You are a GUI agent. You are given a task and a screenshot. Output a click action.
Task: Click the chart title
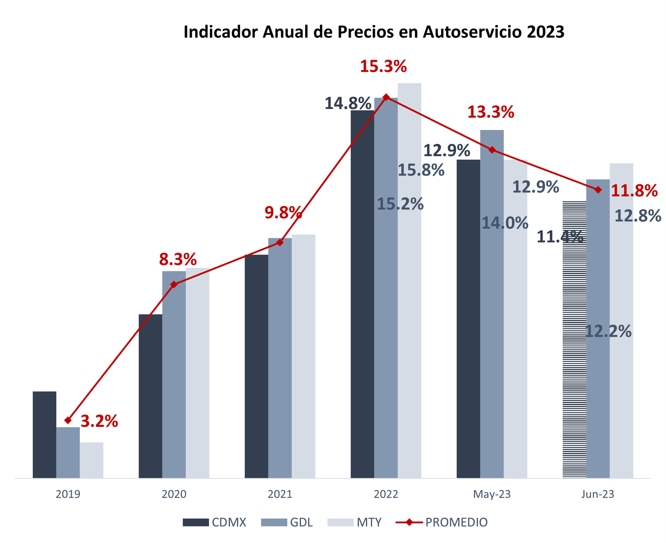pyautogui.click(x=374, y=32)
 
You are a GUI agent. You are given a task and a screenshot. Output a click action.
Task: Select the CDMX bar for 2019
pyautogui.click(x=45, y=435)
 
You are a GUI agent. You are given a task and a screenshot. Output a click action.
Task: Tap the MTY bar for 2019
pyautogui.click(x=92, y=460)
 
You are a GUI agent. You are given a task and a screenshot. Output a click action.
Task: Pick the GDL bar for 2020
pyautogui.click(x=174, y=375)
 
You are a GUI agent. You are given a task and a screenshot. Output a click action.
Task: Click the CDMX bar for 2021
pyautogui.click(x=256, y=366)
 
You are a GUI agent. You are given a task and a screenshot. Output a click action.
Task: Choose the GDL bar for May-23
pyautogui.click(x=492, y=304)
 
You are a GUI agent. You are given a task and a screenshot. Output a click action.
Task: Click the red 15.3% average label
pyautogui.click(x=383, y=67)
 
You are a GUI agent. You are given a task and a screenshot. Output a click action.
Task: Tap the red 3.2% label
pyautogui.click(x=99, y=421)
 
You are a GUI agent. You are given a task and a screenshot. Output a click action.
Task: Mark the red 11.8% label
pyautogui.click(x=634, y=191)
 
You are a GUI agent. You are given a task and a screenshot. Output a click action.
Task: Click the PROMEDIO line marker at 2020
pyautogui.click(x=174, y=284)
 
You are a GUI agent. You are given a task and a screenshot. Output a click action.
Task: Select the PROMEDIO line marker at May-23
pyautogui.click(x=492, y=149)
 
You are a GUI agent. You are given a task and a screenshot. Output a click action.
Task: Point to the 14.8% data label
pyautogui.click(x=348, y=103)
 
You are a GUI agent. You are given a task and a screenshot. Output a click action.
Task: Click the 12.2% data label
pyautogui.click(x=608, y=331)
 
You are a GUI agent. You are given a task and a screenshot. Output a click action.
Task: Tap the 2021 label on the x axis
pyautogui.click(x=280, y=495)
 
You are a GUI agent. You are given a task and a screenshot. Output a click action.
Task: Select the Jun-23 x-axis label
pyautogui.click(x=598, y=495)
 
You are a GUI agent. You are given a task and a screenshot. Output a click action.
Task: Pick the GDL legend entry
pyautogui.click(x=287, y=522)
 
